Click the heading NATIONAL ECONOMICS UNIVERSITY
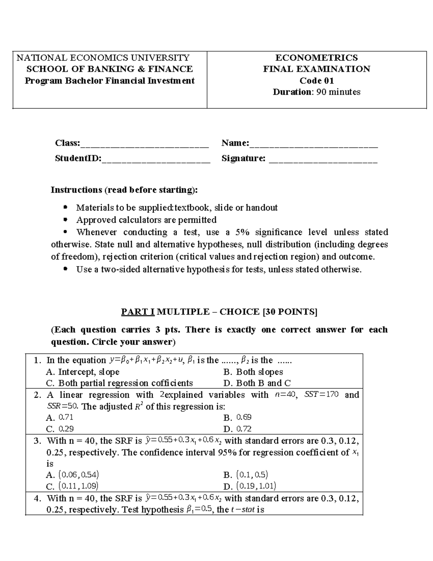point(103,58)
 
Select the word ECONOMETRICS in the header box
point(316,58)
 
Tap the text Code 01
point(316,81)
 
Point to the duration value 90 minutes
point(338,92)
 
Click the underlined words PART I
point(137,312)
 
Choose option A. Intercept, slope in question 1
point(83,372)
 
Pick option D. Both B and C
point(257,383)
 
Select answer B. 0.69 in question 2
point(237,418)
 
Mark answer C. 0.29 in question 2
point(60,429)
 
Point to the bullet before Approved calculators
point(65,220)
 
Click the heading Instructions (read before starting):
point(124,190)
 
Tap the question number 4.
point(37,499)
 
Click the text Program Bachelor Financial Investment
point(110,81)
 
